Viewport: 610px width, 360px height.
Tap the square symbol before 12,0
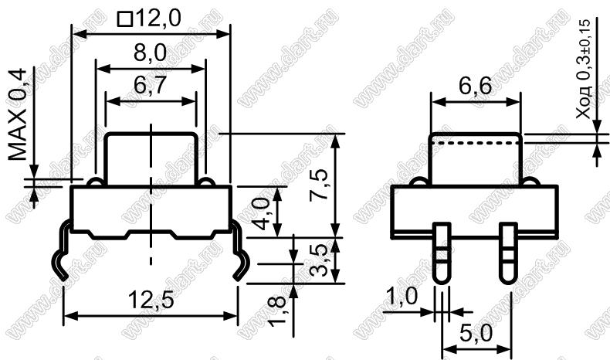click(125, 19)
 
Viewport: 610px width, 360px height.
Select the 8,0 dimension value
click(150, 53)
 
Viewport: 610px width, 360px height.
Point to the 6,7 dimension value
click(150, 85)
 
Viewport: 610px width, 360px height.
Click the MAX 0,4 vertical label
click(18, 115)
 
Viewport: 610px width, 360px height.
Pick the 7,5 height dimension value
click(319, 185)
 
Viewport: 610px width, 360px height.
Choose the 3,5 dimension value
click(319, 260)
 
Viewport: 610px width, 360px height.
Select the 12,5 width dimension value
click(151, 301)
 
